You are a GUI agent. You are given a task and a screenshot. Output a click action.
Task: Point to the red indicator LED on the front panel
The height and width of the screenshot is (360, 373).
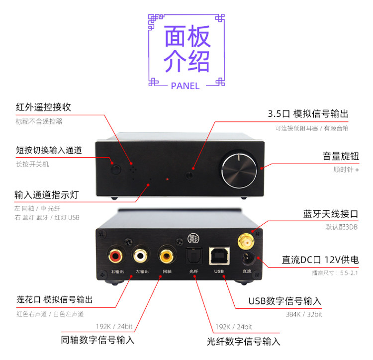click(168, 179)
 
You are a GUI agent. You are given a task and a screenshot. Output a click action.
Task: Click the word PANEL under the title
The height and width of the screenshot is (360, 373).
click(185, 86)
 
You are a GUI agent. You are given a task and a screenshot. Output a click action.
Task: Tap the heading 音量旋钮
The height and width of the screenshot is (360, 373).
click(340, 157)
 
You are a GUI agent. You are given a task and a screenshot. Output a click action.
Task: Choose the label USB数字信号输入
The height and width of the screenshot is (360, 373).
click(285, 301)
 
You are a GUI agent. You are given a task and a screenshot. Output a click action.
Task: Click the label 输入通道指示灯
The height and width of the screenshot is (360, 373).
click(49, 194)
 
